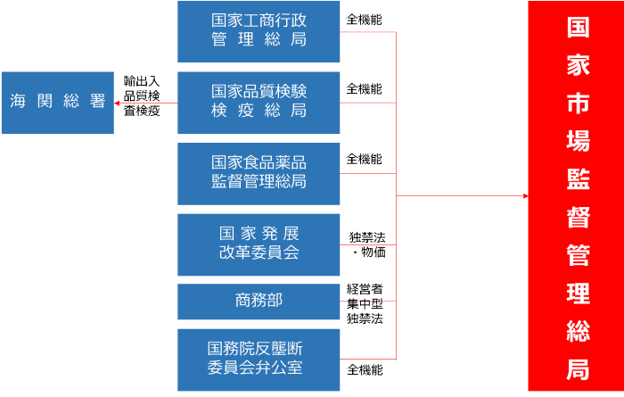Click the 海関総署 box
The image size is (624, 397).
[57, 103]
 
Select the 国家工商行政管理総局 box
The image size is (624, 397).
[259, 31]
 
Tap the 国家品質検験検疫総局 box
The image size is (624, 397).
[259, 103]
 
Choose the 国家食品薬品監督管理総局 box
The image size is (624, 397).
[259, 173]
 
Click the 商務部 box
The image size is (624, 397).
[259, 302]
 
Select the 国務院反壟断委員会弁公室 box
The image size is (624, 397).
[259, 359]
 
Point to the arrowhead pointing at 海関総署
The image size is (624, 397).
[118, 103]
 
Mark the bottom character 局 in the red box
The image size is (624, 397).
[578, 369]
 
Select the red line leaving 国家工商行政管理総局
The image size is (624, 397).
[367, 32]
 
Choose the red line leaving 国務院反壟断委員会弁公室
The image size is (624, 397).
[367, 359]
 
